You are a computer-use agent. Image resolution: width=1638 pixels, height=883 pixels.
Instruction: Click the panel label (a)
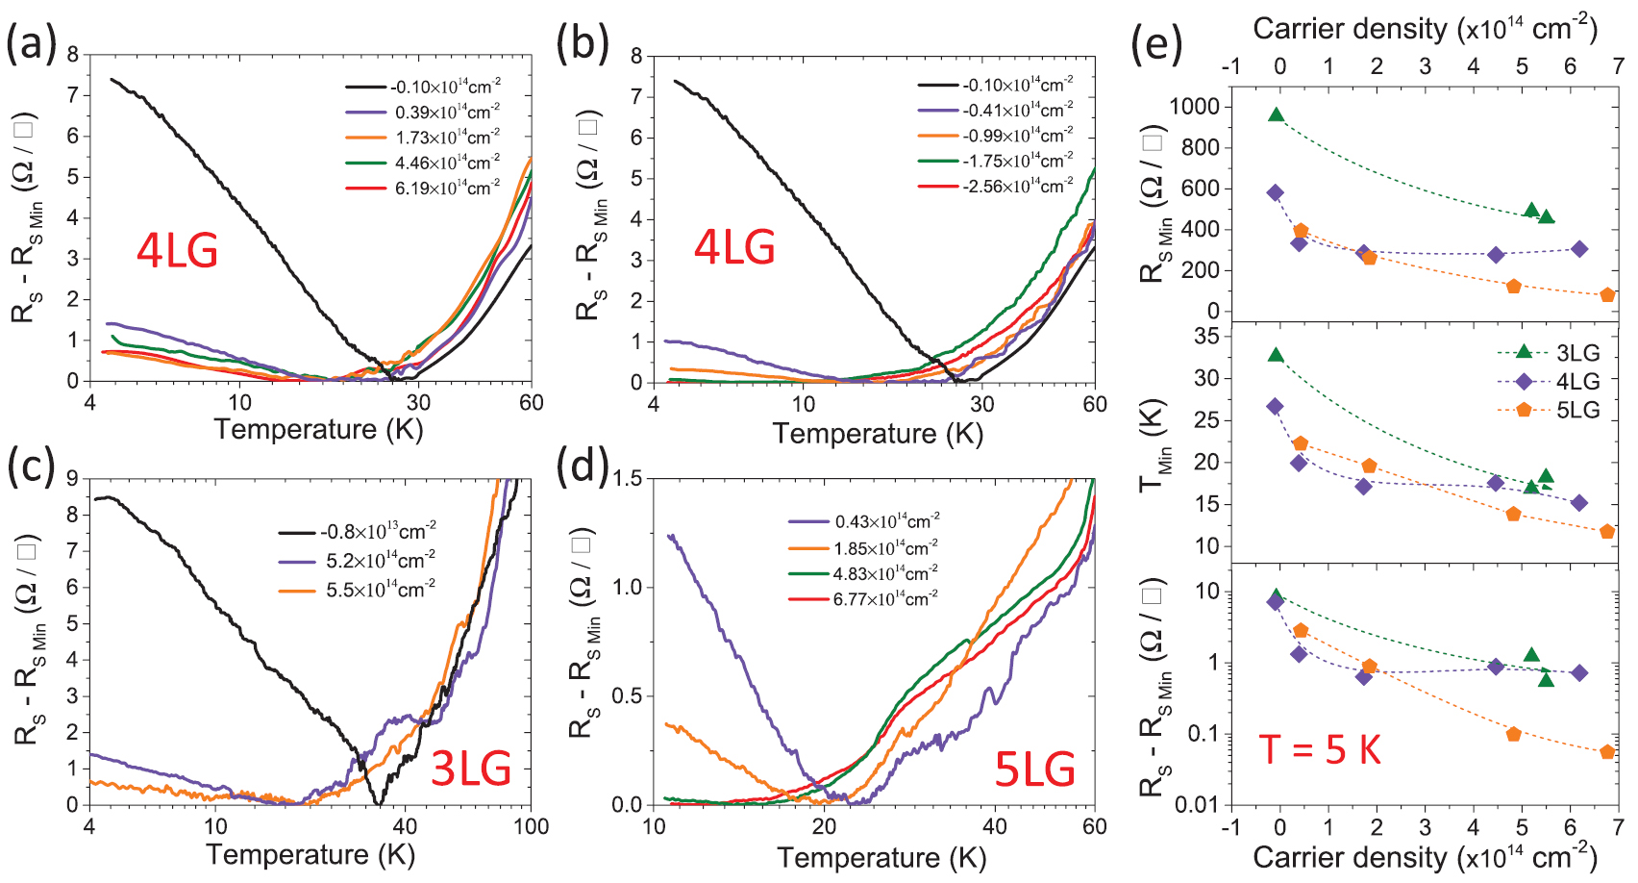32,43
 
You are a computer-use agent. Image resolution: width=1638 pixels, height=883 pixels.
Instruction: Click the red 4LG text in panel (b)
734,248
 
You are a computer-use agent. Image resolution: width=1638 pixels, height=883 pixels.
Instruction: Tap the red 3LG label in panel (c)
470,769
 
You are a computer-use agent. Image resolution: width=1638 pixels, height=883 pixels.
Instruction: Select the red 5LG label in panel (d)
1034,769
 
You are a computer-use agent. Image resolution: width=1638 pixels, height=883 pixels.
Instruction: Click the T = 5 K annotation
1320,749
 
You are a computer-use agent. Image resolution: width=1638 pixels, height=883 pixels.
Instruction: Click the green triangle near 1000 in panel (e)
1277,114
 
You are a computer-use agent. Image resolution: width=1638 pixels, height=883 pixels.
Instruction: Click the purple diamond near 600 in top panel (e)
1276,193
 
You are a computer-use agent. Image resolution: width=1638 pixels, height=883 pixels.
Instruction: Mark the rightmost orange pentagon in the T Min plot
1607,531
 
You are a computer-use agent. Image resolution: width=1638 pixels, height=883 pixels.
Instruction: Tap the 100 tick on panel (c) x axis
531,826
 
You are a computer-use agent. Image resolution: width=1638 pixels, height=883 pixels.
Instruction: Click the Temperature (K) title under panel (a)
318,429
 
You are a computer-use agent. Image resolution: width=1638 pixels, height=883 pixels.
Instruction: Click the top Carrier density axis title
1424,28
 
